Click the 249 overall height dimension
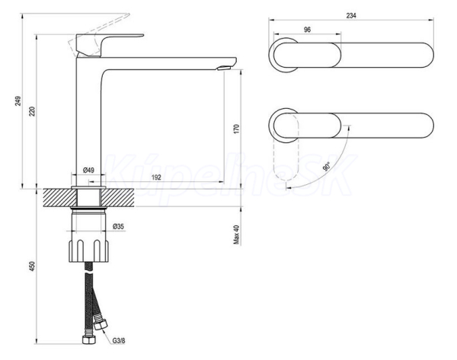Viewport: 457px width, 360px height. (x=18, y=101)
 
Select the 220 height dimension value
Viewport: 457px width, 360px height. (x=32, y=112)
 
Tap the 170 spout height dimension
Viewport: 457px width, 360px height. (x=236, y=129)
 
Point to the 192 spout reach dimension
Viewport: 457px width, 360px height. (x=156, y=177)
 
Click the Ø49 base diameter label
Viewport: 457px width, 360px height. (x=88, y=170)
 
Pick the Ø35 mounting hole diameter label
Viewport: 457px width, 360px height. (x=118, y=226)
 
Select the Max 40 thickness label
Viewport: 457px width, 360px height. (x=236, y=234)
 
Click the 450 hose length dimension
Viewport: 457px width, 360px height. (x=32, y=266)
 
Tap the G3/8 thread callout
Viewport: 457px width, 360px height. (x=119, y=340)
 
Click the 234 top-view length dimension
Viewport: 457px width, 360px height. (x=351, y=15)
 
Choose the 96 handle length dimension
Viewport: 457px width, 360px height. (x=307, y=30)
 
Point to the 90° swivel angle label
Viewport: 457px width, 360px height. (x=327, y=167)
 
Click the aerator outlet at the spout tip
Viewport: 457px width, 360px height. (x=224, y=68)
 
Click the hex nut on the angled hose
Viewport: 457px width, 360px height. (x=101, y=324)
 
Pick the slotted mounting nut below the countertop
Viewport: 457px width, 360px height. (x=88, y=250)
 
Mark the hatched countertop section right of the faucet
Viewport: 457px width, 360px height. (x=119, y=198)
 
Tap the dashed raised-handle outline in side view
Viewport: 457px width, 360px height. (x=98, y=33)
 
